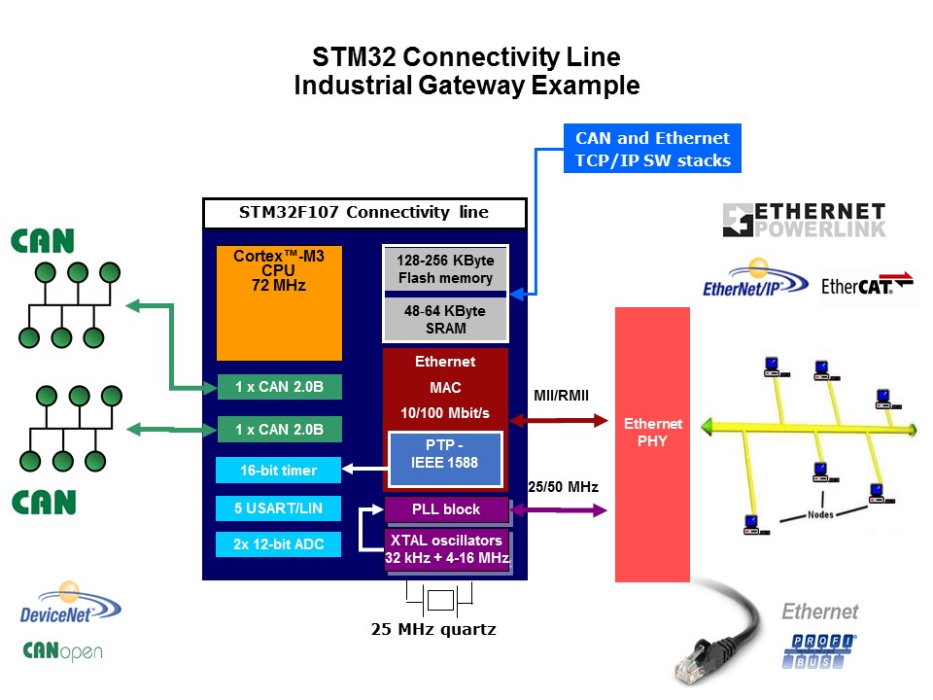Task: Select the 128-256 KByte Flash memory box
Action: tap(445, 269)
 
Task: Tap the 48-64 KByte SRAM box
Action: tap(445, 319)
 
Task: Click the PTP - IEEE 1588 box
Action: tap(445, 455)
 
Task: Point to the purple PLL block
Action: tap(446, 509)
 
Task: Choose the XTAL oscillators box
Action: tap(446, 549)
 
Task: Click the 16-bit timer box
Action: tap(278, 471)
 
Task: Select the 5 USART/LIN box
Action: tap(278, 507)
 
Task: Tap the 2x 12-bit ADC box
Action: tap(278, 544)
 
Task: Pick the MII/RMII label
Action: tap(561, 396)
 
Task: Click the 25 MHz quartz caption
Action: tap(433, 630)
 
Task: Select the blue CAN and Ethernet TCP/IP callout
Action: tap(652, 149)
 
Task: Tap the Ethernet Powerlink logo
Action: tap(805, 221)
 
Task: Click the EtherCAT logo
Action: tap(868, 286)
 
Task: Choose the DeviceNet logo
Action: tap(71, 605)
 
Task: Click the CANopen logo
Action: tap(62, 650)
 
